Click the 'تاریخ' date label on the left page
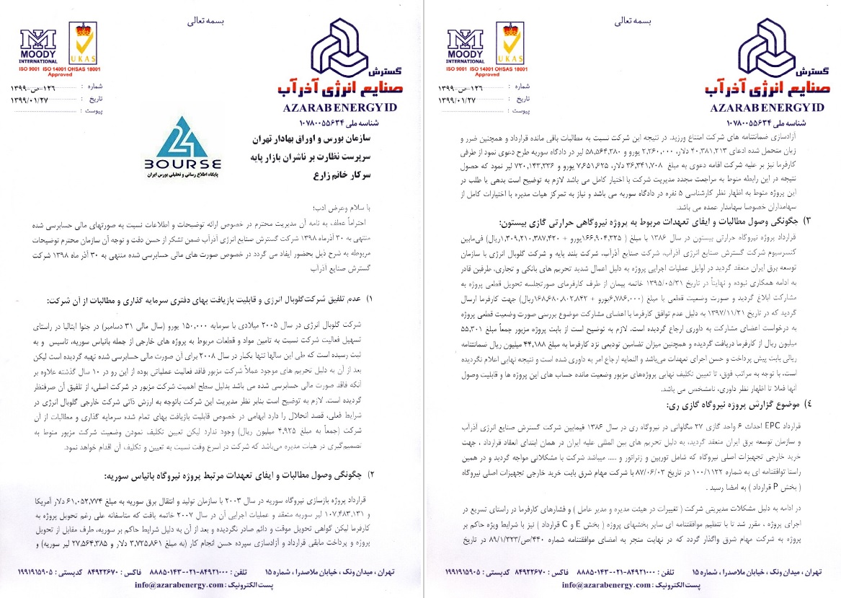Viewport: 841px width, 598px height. [x=92, y=98]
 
